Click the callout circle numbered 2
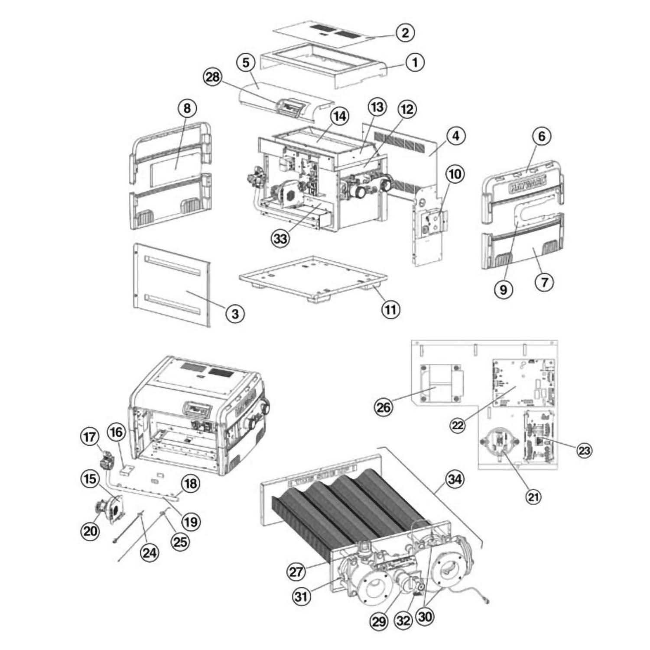405,32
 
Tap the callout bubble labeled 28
213,78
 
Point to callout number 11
390,309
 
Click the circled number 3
235,313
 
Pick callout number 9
504,289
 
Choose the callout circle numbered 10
455,174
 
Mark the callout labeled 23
584,451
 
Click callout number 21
533,496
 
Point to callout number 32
403,621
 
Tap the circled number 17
90,436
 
